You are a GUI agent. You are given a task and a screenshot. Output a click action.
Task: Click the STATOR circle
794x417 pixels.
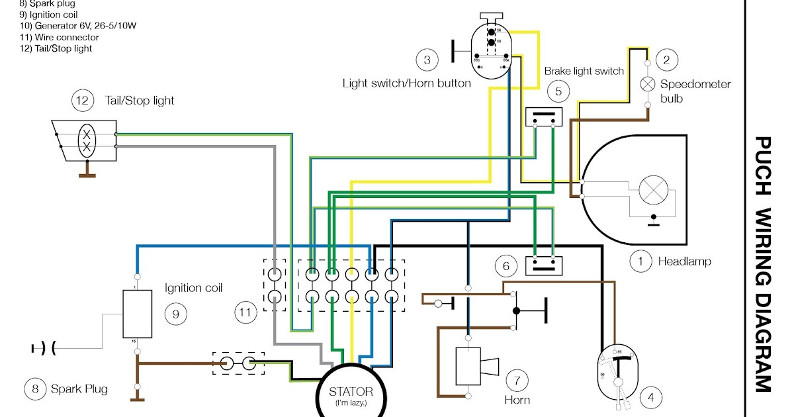(x=351, y=393)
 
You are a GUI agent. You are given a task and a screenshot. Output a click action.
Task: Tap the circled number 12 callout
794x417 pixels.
(x=82, y=101)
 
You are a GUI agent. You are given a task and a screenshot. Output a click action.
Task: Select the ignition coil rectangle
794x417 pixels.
(x=138, y=313)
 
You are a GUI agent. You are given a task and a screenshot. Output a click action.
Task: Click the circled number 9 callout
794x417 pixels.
(x=175, y=314)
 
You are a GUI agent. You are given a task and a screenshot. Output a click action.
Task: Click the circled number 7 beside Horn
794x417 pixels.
(x=517, y=381)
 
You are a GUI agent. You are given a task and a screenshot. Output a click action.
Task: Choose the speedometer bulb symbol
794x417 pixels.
(x=648, y=84)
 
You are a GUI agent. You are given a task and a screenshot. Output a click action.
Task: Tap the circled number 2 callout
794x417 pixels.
(x=666, y=61)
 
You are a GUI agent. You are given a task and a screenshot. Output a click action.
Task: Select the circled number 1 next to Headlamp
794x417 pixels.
(x=640, y=261)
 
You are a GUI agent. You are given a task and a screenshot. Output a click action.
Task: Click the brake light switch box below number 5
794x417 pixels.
(x=543, y=117)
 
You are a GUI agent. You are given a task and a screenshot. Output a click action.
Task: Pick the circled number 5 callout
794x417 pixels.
(x=558, y=91)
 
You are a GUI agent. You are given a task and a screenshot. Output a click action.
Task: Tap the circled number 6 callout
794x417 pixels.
(x=506, y=267)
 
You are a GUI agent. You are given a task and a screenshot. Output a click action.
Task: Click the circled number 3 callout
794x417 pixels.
(x=427, y=61)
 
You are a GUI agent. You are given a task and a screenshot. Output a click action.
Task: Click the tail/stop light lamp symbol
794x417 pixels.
(x=86, y=140)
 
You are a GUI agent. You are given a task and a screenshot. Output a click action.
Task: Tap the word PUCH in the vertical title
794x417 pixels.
(x=762, y=165)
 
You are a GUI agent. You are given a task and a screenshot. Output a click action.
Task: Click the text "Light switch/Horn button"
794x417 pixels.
(x=406, y=83)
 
